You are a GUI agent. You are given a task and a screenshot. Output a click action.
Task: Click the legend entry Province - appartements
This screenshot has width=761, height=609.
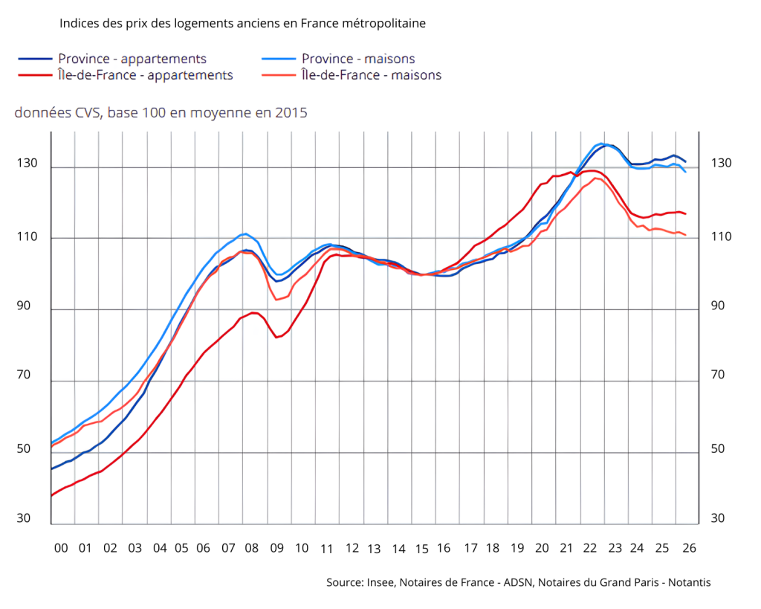[x=132, y=59]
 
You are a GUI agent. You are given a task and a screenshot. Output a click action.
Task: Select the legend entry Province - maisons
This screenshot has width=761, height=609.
[x=358, y=59]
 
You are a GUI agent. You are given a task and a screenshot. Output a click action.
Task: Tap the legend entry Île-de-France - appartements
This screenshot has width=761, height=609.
[x=146, y=75]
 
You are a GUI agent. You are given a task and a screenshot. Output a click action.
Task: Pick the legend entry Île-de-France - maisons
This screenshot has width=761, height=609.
[x=372, y=75]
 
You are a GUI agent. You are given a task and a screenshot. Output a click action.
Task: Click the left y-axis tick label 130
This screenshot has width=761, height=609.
[x=27, y=163]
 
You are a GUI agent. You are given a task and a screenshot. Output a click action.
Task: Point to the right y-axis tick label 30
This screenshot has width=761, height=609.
[x=717, y=518]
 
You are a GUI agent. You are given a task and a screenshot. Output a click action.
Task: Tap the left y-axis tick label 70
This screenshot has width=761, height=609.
[x=24, y=375]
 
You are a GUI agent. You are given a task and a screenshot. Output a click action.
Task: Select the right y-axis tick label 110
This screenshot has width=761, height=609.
[x=721, y=236]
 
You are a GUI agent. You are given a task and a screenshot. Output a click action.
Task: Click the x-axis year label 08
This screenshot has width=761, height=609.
[x=251, y=548]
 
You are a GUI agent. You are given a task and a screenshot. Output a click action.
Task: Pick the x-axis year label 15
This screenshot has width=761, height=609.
[x=422, y=549]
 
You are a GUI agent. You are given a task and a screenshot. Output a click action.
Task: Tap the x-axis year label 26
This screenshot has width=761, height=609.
[x=689, y=548]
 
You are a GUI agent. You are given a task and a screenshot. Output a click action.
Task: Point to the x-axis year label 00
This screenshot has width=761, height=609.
[x=61, y=548]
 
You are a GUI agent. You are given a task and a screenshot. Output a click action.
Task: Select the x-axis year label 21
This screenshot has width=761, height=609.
[x=566, y=548]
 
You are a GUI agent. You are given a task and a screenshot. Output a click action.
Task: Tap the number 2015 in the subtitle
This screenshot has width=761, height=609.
[x=291, y=113]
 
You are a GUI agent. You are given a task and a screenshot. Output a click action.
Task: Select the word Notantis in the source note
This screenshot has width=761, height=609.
[x=689, y=582]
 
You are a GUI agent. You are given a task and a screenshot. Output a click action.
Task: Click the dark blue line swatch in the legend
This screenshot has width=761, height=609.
[x=35, y=59]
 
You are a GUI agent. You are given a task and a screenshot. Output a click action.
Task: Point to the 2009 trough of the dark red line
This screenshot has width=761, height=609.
[x=276, y=337]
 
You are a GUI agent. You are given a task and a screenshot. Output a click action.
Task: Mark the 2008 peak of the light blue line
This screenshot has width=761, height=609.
[x=246, y=233]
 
